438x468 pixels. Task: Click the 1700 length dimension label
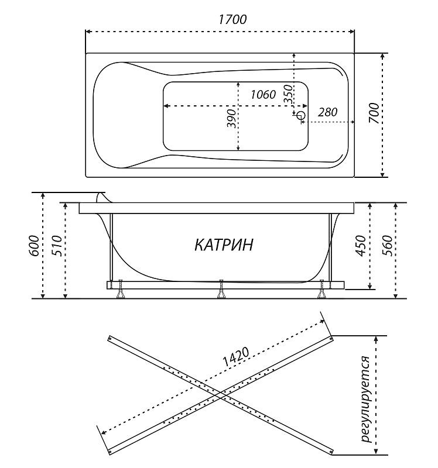tap(232, 20)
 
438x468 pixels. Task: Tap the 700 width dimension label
tap(374, 113)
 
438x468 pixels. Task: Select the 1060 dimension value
tap(263, 95)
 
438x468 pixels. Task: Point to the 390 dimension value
tap(231, 119)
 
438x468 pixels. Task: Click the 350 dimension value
tap(288, 94)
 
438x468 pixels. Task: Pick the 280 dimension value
tap(327, 112)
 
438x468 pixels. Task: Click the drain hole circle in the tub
tap(301, 115)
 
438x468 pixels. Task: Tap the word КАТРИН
tap(224, 245)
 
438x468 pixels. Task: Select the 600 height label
tap(35, 246)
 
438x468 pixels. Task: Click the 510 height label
tap(57, 246)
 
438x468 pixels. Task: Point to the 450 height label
tap(361, 246)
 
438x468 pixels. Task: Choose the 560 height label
tap(387, 246)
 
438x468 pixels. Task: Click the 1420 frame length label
tap(236, 357)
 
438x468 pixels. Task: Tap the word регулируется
tap(366, 400)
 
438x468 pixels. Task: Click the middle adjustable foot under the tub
tap(221, 289)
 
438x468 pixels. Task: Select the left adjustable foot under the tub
tap(121, 289)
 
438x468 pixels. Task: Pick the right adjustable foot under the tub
tap(321, 289)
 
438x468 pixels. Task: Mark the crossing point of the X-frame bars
tap(221, 395)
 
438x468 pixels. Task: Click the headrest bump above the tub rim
tap(103, 198)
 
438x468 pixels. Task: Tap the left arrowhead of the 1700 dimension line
tap(88, 32)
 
